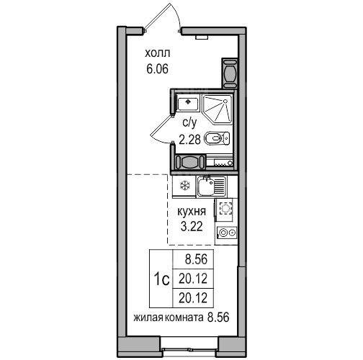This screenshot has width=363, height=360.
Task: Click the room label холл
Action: pos(158,53)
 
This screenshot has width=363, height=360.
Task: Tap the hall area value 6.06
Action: pos(157,69)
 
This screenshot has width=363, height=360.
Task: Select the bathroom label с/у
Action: pos(189,123)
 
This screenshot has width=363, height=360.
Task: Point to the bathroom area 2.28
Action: pos(189,139)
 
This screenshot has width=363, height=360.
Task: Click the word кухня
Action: pos(192,212)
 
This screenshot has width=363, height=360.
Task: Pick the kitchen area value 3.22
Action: pos(192,226)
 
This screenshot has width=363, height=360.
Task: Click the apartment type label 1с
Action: pos(161,279)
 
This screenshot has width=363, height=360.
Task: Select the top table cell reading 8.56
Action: pos(196,259)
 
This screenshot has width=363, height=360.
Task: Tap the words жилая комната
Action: pos(168,318)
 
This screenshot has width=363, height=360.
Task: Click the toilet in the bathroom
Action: pos(217,139)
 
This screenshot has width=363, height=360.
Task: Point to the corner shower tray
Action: pos(218,109)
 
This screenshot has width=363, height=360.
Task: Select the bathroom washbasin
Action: pos(187,103)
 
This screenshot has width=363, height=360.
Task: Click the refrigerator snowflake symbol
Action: pos(185,186)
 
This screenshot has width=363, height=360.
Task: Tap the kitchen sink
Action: pos(211,186)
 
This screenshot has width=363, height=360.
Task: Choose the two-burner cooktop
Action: pos(227,233)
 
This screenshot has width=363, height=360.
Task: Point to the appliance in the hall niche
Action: pos(230,73)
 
